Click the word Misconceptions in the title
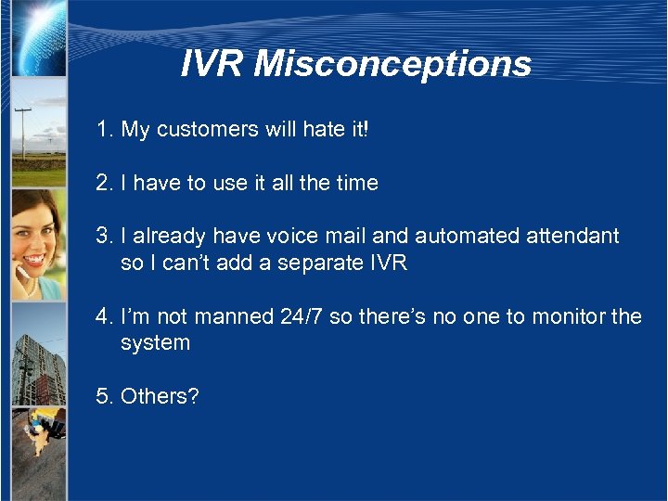(392, 64)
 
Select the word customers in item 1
(199, 130)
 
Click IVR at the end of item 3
(387, 263)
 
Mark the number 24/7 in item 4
(302, 317)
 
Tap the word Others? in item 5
(160, 396)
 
